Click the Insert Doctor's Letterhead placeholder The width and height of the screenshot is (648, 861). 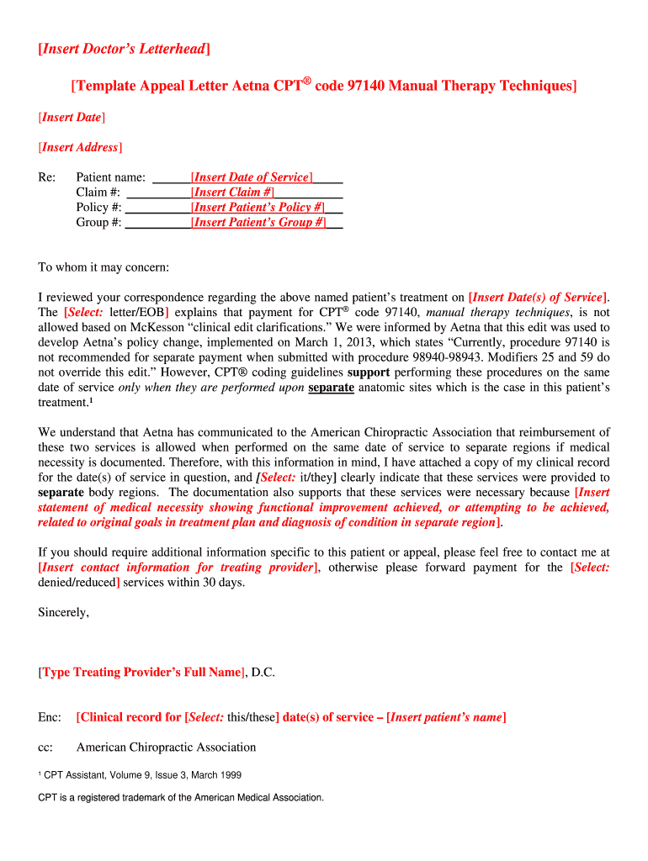pyautogui.click(x=124, y=50)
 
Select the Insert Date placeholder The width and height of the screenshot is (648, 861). pyautogui.click(x=72, y=117)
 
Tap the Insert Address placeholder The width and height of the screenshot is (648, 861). pyautogui.click(x=80, y=147)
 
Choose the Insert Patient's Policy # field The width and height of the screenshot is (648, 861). pyautogui.click(x=258, y=208)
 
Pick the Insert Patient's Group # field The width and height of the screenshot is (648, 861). pyautogui.click(x=258, y=223)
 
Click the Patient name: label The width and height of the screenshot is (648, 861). pyautogui.click(x=111, y=177)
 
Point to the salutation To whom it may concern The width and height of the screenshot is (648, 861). pyautogui.click(x=104, y=267)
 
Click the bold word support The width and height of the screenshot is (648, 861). pyautogui.click(x=369, y=372)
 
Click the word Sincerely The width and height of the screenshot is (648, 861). pyautogui.click(x=63, y=612)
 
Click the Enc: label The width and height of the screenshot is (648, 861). pyautogui.click(x=50, y=717)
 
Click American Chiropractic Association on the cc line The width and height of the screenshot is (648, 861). pyautogui.click(x=166, y=747)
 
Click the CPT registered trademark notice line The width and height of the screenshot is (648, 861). pyautogui.click(x=180, y=797)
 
